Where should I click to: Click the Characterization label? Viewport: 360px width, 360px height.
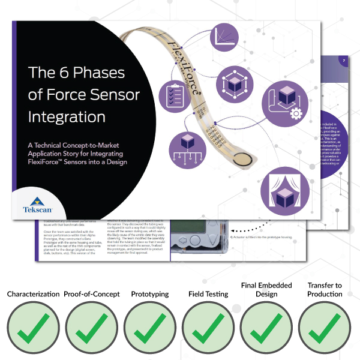click(33, 295)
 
